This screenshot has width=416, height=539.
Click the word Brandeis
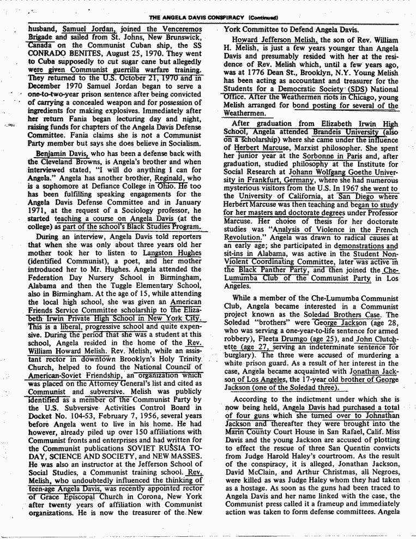pyautogui.click(x=333, y=132)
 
